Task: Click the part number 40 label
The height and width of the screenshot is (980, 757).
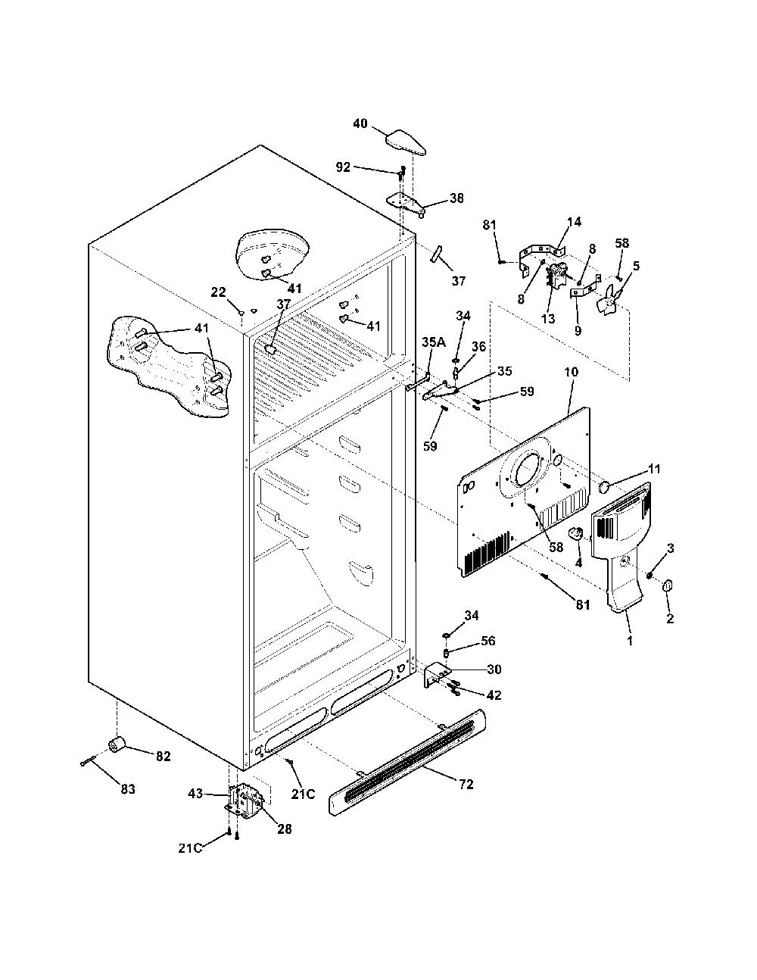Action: tap(360, 123)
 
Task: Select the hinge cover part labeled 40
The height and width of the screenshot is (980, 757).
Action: tap(406, 142)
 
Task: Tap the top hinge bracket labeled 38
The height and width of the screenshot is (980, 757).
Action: tap(407, 204)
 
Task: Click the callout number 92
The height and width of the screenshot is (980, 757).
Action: tap(343, 167)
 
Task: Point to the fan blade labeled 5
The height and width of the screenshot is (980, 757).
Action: tap(609, 298)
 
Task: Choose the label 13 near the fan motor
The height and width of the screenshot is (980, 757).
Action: tap(548, 319)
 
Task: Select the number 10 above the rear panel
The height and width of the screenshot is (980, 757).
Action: tap(571, 373)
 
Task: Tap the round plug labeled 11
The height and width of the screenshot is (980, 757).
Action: tap(604, 487)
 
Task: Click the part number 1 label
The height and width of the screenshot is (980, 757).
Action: tap(630, 640)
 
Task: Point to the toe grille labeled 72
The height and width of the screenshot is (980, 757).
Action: tap(408, 760)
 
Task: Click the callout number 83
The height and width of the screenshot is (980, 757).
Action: tap(129, 789)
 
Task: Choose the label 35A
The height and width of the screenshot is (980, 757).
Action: tap(434, 342)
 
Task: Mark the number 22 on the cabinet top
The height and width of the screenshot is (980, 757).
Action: tap(219, 292)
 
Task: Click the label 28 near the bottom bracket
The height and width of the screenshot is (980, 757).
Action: tap(285, 829)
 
